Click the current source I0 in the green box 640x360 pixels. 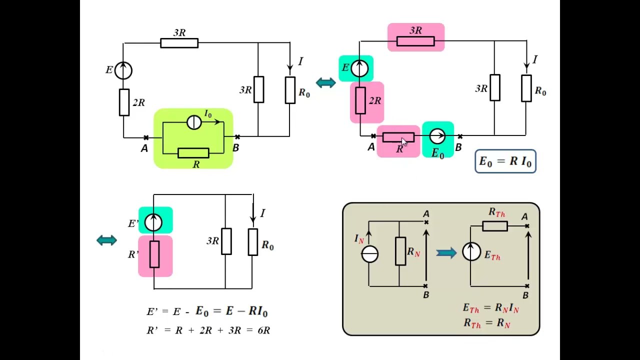click(194, 122)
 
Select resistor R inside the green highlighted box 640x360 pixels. click(193, 153)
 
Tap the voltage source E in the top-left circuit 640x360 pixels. click(123, 70)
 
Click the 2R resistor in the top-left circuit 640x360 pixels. click(124, 102)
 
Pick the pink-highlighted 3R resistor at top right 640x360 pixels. click(415, 41)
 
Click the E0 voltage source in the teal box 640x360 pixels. click(437, 136)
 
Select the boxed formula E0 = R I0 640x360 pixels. click(505, 161)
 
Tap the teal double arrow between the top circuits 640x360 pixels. click(326, 83)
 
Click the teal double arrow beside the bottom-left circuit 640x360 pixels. click(107, 240)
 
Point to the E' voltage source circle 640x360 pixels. click(153, 222)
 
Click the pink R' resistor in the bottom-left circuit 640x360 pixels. click(154, 254)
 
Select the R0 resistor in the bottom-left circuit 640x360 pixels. click(253, 242)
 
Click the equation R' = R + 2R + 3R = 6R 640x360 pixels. click(208, 330)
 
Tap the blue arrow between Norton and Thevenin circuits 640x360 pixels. click(446, 253)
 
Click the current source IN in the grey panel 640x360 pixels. click(369, 254)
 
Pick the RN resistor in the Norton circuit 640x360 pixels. click(400, 251)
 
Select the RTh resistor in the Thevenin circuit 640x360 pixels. click(495, 226)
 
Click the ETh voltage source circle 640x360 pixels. click(471, 251)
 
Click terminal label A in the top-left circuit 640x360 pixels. click(144, 148)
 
